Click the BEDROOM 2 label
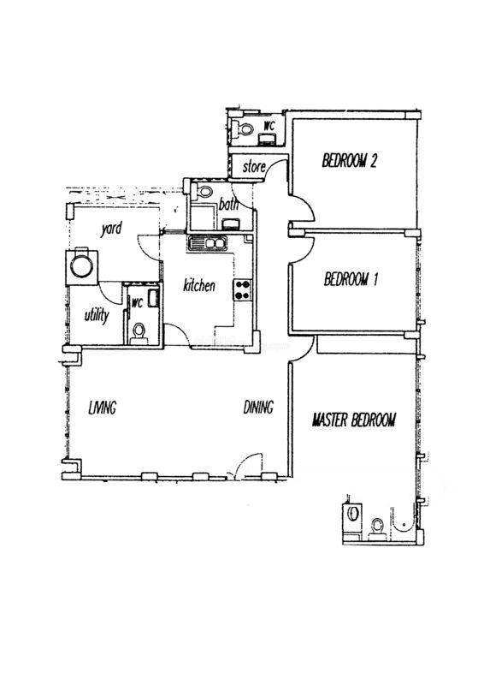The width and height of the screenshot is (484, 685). pyautogui.click(x=349, y=161)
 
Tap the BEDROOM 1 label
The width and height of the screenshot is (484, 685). pyautogui.click(x=351, y=279)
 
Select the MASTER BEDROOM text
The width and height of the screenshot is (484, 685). pyautogui.click(x=354, y=420)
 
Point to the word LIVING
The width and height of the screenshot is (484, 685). pyautogui.click(x=102, y=408)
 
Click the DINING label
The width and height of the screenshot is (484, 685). pyautogui.click(x=258, y=408)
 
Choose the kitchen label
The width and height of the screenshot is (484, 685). pyautogui.click(x=199, y=286)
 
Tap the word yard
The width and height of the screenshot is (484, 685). pyautogui.click(x=111, y=229)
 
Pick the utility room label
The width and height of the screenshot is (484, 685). pyautogui.click(x=97, y=314)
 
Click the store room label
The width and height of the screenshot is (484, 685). pyautogui.click(x=254, y=166)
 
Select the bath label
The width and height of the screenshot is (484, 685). pyautogui.click(x=228, y=204)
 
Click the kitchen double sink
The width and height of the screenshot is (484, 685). pyautogui.click(x=207, y=243)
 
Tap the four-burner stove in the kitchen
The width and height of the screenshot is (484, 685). pyautogui.click(x=244, y=289)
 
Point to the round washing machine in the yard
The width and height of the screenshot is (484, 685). pyautogui.click(x=81, y=266)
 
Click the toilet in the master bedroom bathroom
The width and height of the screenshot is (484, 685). pyautogui.click(x=376, y=526)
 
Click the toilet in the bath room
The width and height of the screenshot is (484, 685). pyautogui.click(x=204, y=191)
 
